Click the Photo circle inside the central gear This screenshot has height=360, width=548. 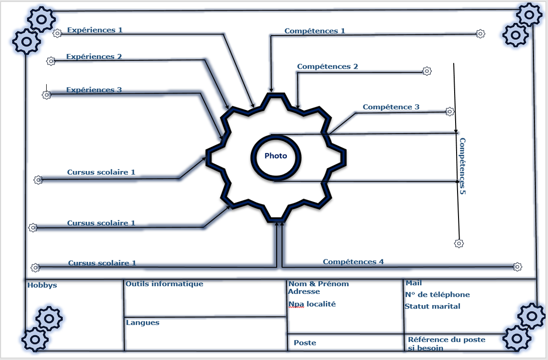tap(276, 156)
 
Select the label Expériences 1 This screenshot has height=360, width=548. tap(95, 30)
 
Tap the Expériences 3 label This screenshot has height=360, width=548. tap(94, 90)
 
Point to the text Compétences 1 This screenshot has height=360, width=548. tap(315, 31)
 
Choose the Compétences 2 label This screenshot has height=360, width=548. tap(327, 67)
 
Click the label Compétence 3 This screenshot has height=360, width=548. tap(391, 107)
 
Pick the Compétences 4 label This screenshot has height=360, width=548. tap(353, 262)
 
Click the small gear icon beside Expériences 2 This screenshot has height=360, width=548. tap(51, 61)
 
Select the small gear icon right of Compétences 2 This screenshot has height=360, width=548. tap(426, 71)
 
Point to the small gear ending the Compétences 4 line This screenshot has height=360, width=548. tap(517, 267)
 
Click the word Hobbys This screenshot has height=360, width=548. tap(42, 285)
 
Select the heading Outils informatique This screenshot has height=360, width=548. tap(164, 284)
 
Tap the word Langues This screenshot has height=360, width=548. tap(142, 323)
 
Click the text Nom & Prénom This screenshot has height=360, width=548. tap(318, 284)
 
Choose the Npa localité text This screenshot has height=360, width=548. tap(312, 304)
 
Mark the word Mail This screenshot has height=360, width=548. tap(414, 283)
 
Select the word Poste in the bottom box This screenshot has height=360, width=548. tap(305, 343)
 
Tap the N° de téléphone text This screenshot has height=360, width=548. tap(437, 294)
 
